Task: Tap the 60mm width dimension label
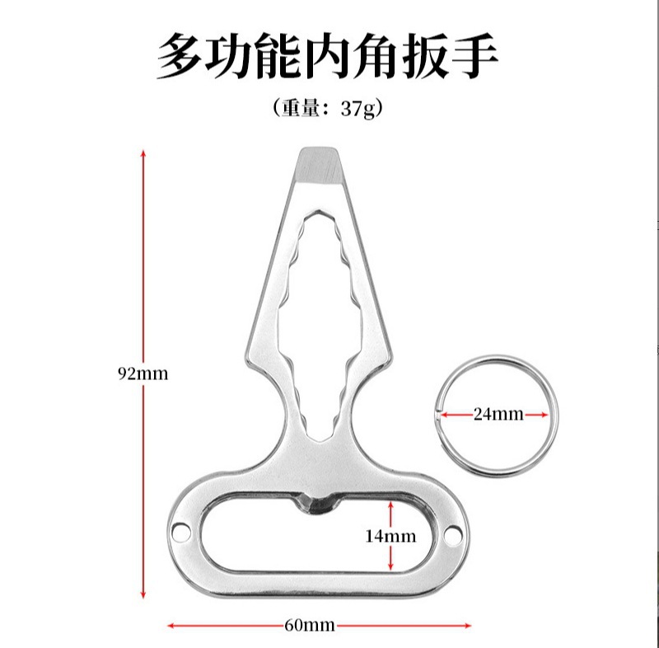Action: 309,625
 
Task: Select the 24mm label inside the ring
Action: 497,415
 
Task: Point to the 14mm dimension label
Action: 390,536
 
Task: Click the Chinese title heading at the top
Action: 329,56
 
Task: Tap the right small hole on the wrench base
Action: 450,538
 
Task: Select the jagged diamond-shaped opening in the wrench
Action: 320,322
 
